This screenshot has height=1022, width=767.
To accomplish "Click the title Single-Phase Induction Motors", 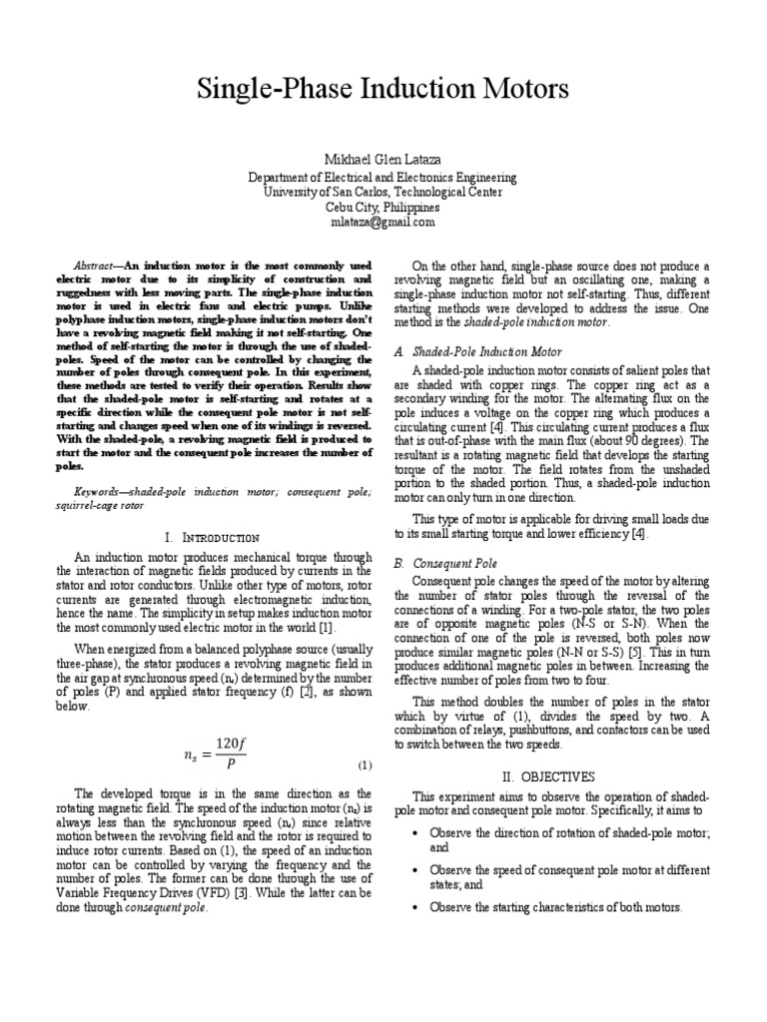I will (x=383, y=90).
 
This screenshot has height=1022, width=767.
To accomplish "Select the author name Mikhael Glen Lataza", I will (x=383, y=161).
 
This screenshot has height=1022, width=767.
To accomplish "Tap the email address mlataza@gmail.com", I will (x=383, y=223).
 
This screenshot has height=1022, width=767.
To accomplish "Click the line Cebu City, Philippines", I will (x=383, y=208).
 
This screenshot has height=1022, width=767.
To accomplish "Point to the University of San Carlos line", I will (x=383, y=193).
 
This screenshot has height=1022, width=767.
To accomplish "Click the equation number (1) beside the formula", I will (x=365, y=766).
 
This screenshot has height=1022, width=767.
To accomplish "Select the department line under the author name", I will (x=383, y=178).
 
